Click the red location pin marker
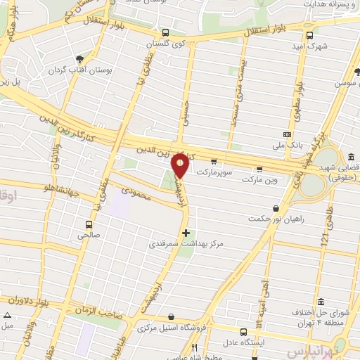click(181, 165)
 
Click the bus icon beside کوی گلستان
click(165, 32)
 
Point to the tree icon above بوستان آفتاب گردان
click(79, 59)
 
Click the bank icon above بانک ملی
click(287, 134)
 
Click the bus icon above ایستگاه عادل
click(243, 332)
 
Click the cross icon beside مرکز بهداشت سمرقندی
click(186, 233)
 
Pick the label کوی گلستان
click(160, 44)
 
